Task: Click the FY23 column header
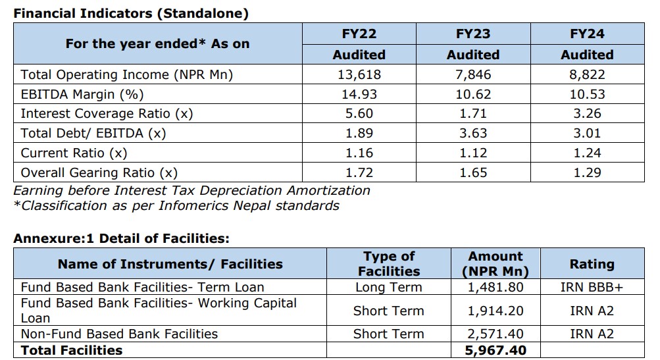pos(472,34)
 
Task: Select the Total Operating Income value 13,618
pos(359,74)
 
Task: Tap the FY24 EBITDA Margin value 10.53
pos(587,94)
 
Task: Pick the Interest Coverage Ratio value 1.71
pos(472,114)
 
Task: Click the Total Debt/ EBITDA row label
pos(93,134)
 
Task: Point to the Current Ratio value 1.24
pos(587,153)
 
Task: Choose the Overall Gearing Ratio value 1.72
pos(359,173)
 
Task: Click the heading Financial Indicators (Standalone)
pos(131,13)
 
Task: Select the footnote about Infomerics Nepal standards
pos(176,205)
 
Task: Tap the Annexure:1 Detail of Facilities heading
pos(121,238)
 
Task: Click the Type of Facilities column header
pos(389,263)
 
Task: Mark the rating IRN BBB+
pos(592,287)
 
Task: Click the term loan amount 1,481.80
pos(496,287)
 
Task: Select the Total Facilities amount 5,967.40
pos(496,351)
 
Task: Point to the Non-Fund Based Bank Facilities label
pos(119,334)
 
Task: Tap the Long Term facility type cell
pos(389,287)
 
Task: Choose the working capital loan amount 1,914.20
pos(496,311)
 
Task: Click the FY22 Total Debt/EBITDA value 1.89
pos(359,134)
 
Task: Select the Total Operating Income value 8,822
pos(587,74)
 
